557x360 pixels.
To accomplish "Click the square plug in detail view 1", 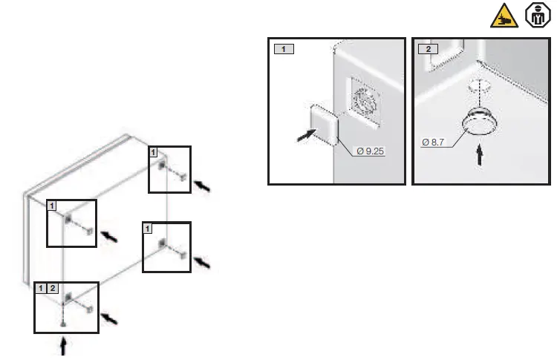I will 323,122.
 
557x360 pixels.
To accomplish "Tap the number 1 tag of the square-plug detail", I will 284,49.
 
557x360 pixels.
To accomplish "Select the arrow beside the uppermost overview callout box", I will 201,184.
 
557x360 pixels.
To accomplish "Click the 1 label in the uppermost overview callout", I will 154,152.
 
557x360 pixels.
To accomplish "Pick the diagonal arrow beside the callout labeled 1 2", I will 109,318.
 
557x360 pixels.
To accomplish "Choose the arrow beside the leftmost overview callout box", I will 108,236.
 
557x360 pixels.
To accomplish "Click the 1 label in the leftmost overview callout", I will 52,205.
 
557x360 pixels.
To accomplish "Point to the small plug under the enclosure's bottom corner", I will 64,324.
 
